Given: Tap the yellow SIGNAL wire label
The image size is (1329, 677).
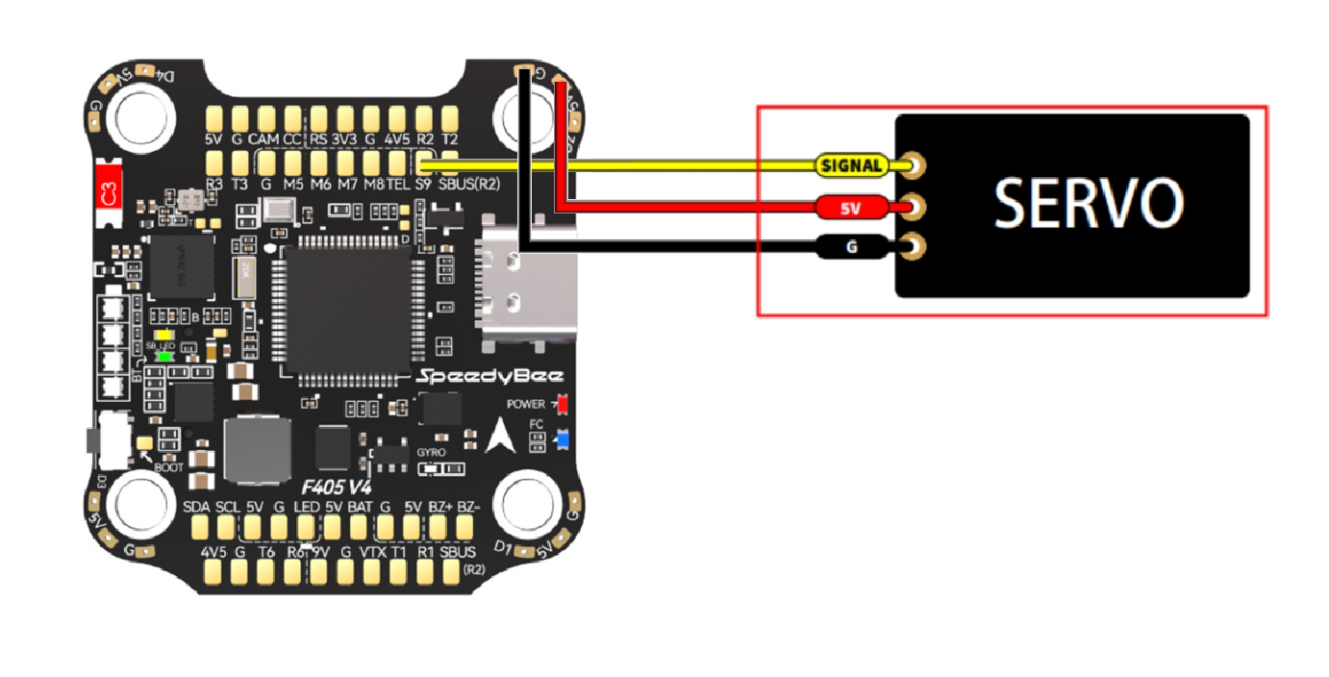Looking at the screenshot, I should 851,165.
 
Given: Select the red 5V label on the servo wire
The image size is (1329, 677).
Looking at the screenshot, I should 850,207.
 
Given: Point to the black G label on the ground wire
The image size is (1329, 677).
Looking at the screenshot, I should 851,248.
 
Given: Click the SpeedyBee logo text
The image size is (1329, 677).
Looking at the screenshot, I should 490,377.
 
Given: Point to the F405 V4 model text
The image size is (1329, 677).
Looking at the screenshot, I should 337,487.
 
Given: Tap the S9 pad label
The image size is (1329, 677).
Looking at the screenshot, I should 423,183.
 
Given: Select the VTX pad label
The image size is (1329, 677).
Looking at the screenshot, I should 372,553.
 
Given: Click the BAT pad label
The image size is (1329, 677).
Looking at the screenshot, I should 360,507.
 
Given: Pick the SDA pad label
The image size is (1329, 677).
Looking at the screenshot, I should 196,507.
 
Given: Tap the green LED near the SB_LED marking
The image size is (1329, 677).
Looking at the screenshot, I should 164,356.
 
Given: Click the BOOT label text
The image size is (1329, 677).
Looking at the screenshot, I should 169,467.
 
